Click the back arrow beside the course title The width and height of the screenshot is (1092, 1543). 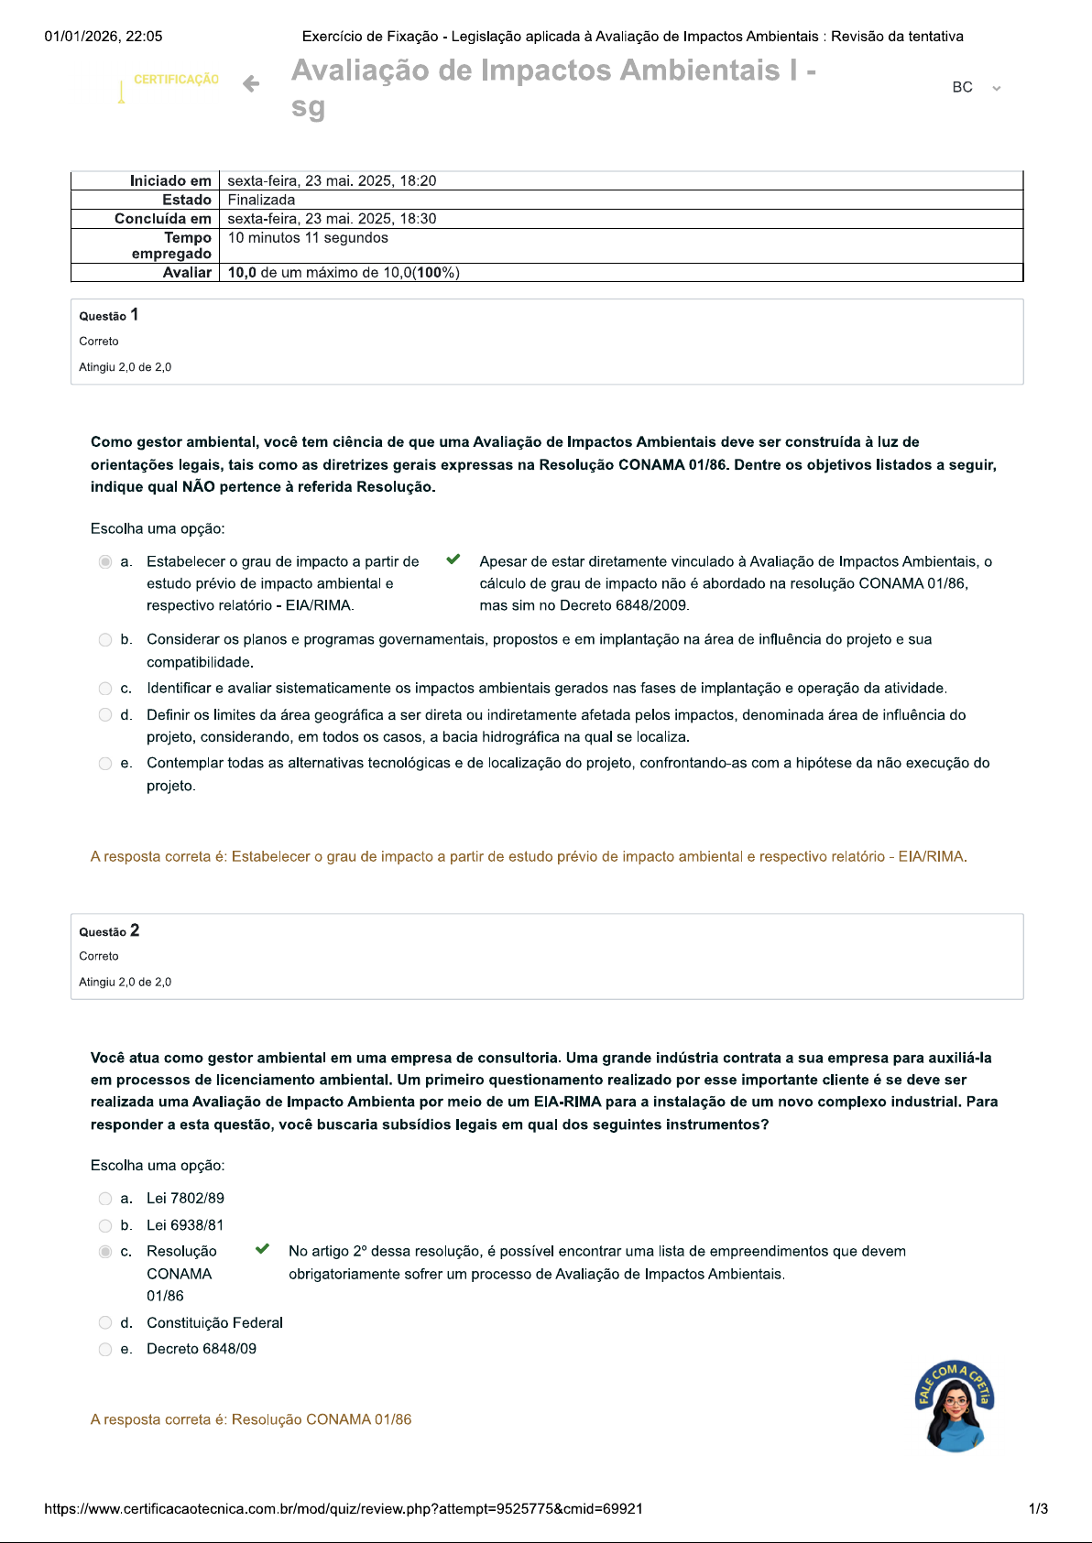tap(251, 84)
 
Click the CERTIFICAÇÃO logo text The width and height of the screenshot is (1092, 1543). tap(176, 80)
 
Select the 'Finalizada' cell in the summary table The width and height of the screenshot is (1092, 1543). tap(261, 200)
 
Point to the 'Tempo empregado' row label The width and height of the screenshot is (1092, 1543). tap(172, 245)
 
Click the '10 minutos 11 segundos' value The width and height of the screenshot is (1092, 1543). tap(308, 238)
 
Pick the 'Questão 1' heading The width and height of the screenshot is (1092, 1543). tap(108, 315)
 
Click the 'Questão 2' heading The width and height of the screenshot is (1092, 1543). tap(109, 930)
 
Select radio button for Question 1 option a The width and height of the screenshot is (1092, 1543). tap(105, 561)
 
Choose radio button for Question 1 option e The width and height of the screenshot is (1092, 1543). tap(105, 764)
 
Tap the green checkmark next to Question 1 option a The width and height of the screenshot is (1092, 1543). tap(453, 560)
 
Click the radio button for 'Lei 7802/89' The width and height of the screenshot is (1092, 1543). tap(105, 1199)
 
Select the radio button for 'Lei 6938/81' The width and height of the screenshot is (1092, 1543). tap(105, 1225)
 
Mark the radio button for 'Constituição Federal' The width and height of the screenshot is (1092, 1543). tap(105, 1323)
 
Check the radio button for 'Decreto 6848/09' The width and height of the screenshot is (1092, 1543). tap(105, 1349)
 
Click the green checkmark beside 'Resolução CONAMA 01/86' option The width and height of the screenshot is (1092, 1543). tap(262, 1249)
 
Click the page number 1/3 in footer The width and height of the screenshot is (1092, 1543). tap(1038, 1509)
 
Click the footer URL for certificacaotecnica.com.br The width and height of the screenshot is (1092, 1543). tap(344, 1509)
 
